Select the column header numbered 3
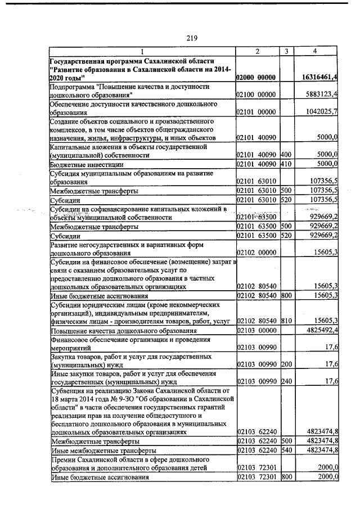click(x=286, y=52)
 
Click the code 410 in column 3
click(x=285, y=164)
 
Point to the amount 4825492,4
click(x=319, y=330)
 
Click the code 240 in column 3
click(x=285, y=382)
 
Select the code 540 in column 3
click(x=285, y=451)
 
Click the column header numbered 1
click(x=142, y=52)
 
